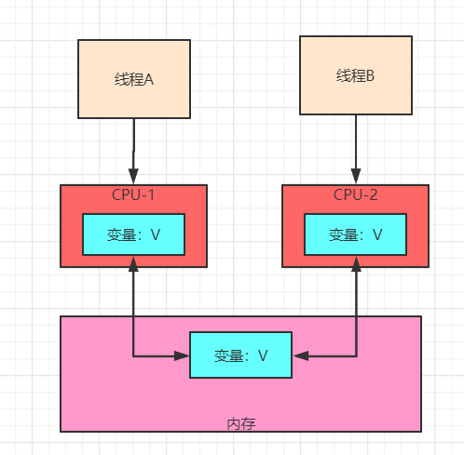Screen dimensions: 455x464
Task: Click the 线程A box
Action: coord(134,79)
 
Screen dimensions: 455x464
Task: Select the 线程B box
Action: coord(355,75)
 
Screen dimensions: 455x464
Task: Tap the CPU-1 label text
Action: coord(134,194)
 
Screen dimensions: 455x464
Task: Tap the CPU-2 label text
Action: coord(355,194)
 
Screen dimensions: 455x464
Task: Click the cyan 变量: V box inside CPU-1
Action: coord(134,234)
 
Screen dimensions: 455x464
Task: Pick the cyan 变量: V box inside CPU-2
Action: coord(355,234)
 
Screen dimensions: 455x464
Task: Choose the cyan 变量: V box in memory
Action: coord(240,355)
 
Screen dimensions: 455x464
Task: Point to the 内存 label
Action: coord(240,423)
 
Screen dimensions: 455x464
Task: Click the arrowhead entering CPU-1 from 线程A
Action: coord(134,177)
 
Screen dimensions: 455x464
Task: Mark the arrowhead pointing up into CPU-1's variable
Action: coord(134,263)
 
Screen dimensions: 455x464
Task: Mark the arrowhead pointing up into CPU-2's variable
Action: coord(355,263)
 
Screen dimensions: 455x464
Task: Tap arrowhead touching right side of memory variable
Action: coord(299,355)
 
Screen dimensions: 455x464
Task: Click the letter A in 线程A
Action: coord(148,79)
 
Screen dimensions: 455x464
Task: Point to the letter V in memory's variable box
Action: coord(263,355)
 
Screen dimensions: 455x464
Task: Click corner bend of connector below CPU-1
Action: coord(134,355)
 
